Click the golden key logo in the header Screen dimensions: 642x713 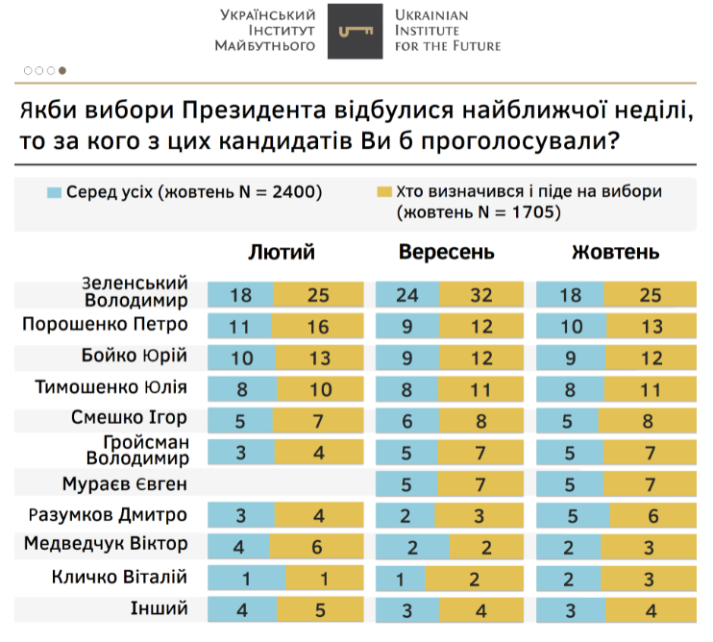(x=356, y=32)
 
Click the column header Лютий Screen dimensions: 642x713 (x=282, y=253)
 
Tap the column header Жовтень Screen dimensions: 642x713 (x=615, y=253)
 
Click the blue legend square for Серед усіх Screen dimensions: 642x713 (x=55, y=192)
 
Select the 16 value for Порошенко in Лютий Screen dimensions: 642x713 (x=317, y=327)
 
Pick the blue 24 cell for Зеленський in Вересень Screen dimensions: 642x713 (x=406, y=295)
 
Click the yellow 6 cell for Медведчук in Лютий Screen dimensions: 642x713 (x=317, y=547)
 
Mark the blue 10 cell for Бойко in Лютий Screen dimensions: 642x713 (x=240, y=358)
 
